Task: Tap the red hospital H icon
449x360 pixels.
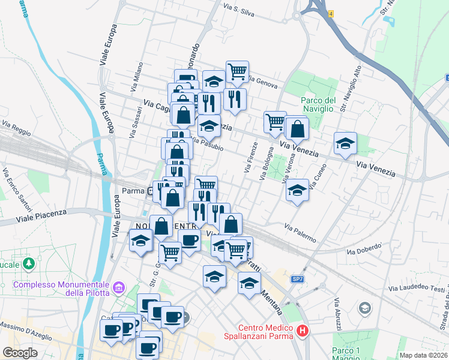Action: pyautogui.click(x=303, y=331)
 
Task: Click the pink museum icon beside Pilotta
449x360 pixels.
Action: pyautogui.click(x=119, y=289)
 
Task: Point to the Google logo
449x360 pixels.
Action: pyautogui.click(x=20, y=353)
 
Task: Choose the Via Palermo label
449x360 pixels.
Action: pyautogui.click(x=300, y=233)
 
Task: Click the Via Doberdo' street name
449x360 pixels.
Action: pyautogui.click(x=364, y=248)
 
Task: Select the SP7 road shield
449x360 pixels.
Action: pyautogui.click(x=298, y=280)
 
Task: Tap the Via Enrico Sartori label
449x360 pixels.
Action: pyautogui.click(x=24, y=191)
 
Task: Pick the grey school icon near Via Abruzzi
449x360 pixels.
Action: pyautogui.click(x=364, y=308)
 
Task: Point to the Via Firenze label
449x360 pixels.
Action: pyautogui.click(x=250, y=158)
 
